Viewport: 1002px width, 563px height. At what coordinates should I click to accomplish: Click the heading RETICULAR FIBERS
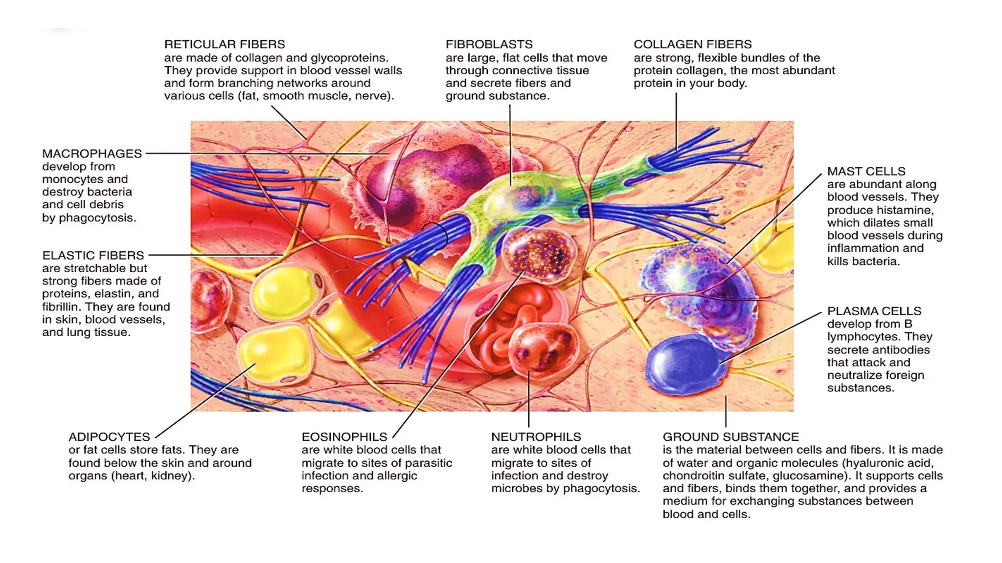[x=225, y=44]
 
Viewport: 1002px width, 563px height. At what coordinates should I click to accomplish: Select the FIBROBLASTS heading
[x=489, y=44]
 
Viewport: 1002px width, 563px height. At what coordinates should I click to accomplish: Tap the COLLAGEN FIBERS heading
[x=692, y=44]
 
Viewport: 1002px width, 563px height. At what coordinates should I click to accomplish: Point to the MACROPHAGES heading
[x=92, y=153]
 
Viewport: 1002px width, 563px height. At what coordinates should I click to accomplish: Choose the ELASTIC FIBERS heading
[x=93, y=255]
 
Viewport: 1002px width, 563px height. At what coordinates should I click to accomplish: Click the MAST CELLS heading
[x=866, y=172]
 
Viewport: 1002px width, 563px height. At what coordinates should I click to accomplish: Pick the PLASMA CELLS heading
[x=874, y=311]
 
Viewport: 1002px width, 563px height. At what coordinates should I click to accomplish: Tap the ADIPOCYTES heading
[x=109, y=436]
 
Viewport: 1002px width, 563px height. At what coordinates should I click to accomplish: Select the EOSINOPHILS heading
[x=344, y=436]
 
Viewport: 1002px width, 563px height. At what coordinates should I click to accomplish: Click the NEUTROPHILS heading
[x=536, y=436]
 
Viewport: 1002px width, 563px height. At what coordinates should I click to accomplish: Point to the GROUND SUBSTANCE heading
[x=730, y=436]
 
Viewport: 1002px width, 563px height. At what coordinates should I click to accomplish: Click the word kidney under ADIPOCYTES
[x=173, y=476]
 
